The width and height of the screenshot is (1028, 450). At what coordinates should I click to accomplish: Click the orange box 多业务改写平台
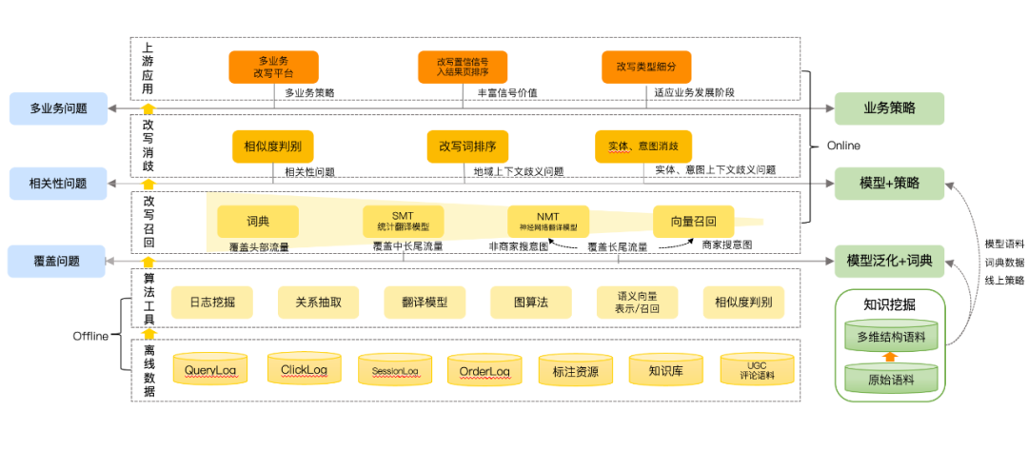pyautogui.click(x=273, y=67)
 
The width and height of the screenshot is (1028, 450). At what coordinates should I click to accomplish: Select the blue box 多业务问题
pyautogui.click(x=58, y=108)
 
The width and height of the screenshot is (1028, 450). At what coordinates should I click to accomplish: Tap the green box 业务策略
pyautogui.click(x=889, y=108)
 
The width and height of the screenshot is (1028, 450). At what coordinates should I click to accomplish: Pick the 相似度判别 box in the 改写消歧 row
pyautogui.click(x=272, y=147)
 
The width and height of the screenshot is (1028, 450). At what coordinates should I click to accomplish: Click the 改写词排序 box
pyautogui.click(x=467, y=147)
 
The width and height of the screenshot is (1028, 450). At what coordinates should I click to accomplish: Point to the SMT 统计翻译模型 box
pyautogui.click(x=404, y=222)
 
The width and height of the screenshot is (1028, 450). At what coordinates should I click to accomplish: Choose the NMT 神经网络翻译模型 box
pyautogui.click(x=548, y=222)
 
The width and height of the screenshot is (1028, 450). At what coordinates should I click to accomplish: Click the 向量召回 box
pyautogui.click(x=693, y=222)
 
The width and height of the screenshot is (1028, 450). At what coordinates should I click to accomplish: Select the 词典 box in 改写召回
pyautogui.click(x=258, y=222)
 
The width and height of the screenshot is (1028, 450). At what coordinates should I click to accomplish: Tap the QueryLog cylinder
pyautogui.click(x=210, y=369)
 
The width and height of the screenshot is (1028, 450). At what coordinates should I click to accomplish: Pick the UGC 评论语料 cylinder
pyautogui.click(x=757, y=369)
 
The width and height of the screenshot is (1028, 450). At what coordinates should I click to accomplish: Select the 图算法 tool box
pyautogui.click(x=531, y=303)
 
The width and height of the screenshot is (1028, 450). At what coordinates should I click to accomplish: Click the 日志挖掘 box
pyautogui.click(x=212, y=303)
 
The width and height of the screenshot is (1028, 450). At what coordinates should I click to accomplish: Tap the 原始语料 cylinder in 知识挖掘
pyautogui.click(x=891, y=378)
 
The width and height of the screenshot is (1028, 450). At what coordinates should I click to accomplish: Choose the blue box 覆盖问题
pyautogui.click(x=56, y=260)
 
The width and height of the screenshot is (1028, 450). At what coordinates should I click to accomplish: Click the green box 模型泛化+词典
pyautogui.click(x=889, y=260)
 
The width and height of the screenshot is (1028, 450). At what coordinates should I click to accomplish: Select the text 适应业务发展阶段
pyautogui.click(x=694, y=93)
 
